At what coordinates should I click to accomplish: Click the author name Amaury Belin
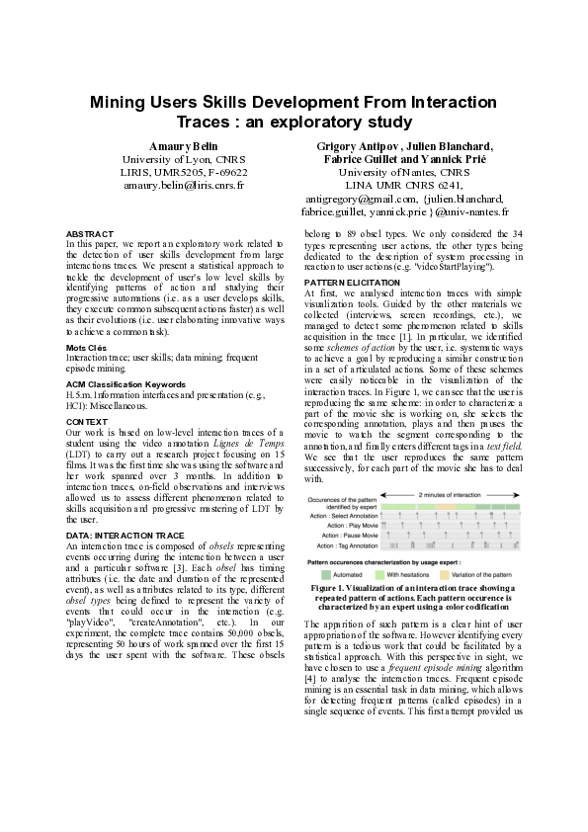[184, 146]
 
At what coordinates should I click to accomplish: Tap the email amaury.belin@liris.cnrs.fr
[184, 185]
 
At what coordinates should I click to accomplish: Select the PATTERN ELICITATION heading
[353, 283]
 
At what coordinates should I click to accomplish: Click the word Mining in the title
[123, 102]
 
